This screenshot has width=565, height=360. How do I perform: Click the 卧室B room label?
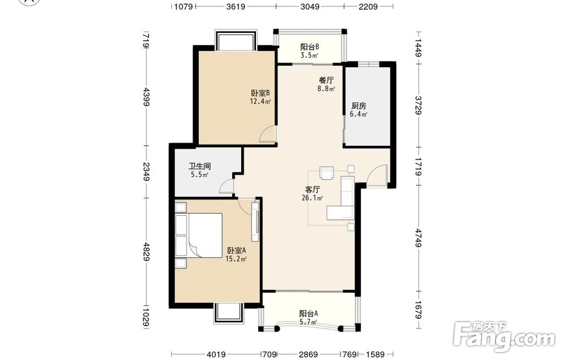(260, 93)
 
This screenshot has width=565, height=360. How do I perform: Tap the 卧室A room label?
(236, 250)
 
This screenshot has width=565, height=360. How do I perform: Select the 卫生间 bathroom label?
(199, 167)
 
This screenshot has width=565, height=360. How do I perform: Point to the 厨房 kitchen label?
(359, 106)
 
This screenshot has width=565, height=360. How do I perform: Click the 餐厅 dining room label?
(326, 80)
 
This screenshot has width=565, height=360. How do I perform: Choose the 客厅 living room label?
(312, 189)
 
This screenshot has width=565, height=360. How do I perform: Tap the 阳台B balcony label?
(310, 47)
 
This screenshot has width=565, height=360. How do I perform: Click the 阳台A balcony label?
(308, 314)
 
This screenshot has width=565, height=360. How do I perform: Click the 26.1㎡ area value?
(312, 198)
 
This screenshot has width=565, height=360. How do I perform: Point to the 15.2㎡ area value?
(236, 259)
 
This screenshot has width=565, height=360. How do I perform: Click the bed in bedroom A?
(198, 235)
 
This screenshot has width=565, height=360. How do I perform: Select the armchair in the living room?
(327, 172)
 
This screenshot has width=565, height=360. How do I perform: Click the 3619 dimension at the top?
(236, 6)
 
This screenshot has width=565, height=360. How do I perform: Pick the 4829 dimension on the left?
(146, 252)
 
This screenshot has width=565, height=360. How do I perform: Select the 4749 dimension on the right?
(418, 238)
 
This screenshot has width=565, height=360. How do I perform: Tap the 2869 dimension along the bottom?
(308, 354)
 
